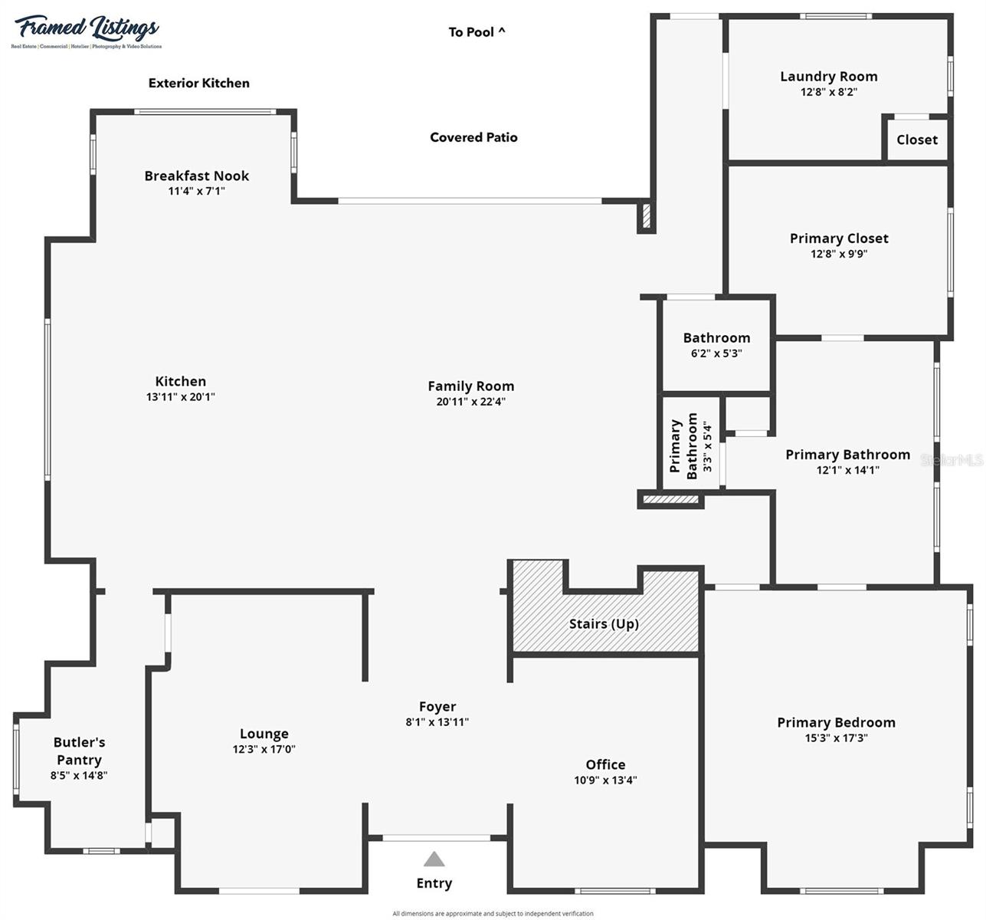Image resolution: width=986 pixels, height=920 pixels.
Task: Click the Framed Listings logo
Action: [x=86, y=31]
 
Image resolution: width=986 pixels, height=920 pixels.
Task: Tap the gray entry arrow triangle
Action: [x=434, y=859]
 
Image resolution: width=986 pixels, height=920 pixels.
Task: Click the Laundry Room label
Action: [x=828, y=77]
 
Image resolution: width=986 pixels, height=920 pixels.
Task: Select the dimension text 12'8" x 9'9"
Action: [x=839, y=254]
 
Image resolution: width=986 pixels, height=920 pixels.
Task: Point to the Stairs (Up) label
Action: [x=604, y=624]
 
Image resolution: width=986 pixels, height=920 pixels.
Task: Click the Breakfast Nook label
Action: [x=197, y=176]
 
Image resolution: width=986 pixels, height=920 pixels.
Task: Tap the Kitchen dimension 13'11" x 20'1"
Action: [x=181, y=397]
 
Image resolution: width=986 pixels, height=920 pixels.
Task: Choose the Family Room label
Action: [x=470, y=386]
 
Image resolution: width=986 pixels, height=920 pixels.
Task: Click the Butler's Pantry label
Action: [x=79, y=751]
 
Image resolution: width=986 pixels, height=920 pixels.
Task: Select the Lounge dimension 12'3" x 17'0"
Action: [x=264, y=749]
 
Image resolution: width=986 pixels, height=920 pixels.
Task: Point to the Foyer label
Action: [x=437, y=707]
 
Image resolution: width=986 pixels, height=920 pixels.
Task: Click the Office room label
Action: [x=605, y=764]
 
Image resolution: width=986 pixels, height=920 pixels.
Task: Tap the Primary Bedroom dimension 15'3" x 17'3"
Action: [x=836, y=738]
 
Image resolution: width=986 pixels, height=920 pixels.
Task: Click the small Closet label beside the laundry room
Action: [x=916, y=140]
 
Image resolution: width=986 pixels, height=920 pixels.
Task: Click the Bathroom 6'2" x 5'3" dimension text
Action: [x=716, y=353]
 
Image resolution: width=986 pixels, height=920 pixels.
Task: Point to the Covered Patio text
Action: [x=473, y=137]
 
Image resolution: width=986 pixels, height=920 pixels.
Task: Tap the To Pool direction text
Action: [x=477, y=32]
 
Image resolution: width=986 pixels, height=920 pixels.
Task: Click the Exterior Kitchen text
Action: [x=199, y=83]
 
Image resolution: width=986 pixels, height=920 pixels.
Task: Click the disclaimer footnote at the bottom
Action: [x=493, y=913]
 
